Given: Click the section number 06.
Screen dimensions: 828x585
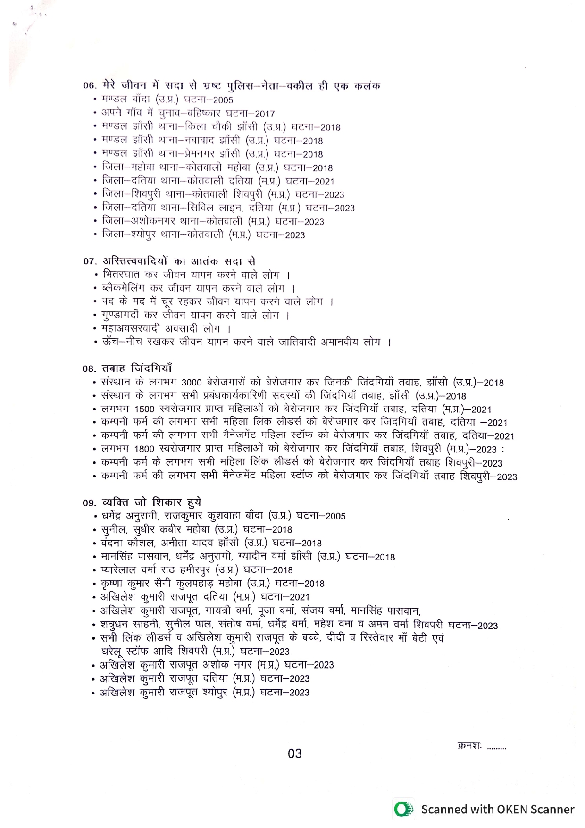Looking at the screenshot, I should tap(90, 85).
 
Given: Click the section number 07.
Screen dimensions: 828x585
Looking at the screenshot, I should tap(90, 261).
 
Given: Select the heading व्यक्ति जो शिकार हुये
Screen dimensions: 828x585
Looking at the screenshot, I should tap(151, 502).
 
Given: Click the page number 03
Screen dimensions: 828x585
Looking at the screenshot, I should tap(294, 753).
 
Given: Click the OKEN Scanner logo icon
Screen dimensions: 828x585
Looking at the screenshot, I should tap(402, 810).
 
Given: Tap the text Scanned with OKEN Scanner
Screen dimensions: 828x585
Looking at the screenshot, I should tap(497, 810).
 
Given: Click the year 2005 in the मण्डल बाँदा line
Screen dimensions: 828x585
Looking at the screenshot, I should tap(223, 100).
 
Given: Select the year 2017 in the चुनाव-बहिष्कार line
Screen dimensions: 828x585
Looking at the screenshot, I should tap(265, 114).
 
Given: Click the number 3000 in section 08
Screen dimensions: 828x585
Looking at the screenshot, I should tap(192, 383).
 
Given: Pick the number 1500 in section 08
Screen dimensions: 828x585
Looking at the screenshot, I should tap(144, 410).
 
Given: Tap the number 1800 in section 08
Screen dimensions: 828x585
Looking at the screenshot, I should tap(144, 449).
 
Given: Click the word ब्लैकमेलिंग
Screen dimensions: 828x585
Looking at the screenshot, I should tap(123, 288).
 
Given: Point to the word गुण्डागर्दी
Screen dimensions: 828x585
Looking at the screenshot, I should tap(123, 315).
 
